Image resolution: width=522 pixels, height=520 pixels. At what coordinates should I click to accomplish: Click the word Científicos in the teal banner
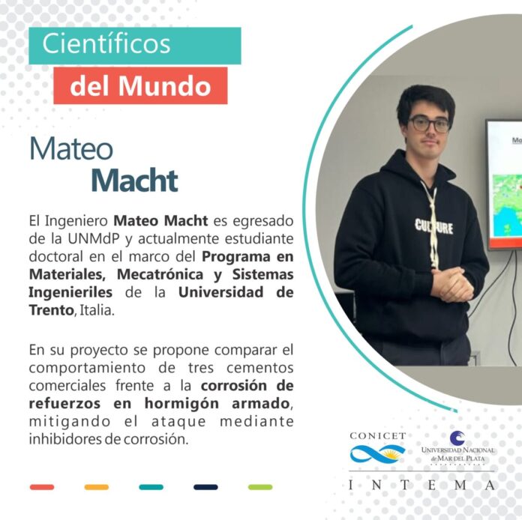point(106,44)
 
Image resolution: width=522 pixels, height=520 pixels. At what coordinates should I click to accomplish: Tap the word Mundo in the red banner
point(165,86)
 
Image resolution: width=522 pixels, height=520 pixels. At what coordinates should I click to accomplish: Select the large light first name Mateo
point(71,148)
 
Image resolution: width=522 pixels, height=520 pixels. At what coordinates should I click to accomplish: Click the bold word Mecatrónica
point(160,274)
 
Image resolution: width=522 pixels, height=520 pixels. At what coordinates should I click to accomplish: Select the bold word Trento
point(51,310)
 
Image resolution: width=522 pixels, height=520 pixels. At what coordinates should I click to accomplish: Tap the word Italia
point(96,310)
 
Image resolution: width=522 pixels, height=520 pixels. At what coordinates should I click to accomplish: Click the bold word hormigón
point(181,404)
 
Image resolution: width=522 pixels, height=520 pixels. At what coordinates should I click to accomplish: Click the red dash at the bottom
point(42,487)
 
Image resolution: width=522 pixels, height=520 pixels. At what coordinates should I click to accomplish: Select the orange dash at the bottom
point(97,487)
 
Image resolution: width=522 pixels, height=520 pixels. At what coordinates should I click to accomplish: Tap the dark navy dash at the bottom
point(205,487)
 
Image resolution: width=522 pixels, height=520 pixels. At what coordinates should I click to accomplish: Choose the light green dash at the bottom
point(260,487)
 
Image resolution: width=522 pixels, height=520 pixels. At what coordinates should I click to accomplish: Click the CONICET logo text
point(378,436)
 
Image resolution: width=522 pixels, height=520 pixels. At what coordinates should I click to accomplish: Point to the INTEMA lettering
point(421,485)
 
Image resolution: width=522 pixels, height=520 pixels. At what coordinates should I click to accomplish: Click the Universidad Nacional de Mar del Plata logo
point(457,447)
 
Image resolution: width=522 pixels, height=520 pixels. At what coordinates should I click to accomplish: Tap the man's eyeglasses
point(430,124)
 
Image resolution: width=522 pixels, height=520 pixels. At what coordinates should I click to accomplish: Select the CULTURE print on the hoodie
point(433,226)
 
